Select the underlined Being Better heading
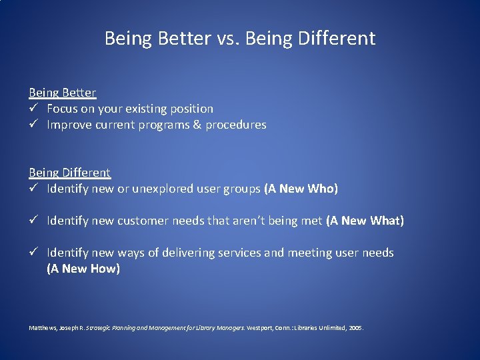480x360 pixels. click(62, 93)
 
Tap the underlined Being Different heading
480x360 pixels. click(69, 173)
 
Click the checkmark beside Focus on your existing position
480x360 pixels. click(33, 109)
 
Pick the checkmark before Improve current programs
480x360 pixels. click(33, 125)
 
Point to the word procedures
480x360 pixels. click(236, 125)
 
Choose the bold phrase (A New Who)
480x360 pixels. click(301, 189)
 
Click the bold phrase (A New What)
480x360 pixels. click(365, 221)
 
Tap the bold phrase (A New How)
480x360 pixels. click(83, 269)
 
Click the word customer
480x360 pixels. click(142, 221)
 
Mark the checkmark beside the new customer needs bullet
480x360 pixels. click(33, 221)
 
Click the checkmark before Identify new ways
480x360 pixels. click(33, 253)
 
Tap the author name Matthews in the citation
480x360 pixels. click(41, 328)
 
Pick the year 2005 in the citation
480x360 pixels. click(355, 328)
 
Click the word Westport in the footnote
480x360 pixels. click(259, 328)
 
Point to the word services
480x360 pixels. click(240, 253)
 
